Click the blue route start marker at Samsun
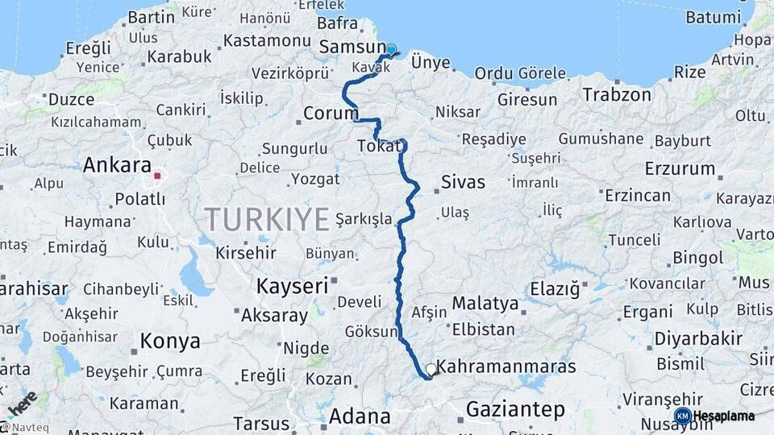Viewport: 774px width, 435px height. tap(391, 50)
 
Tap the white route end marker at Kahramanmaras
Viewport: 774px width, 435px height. tap(431, 370)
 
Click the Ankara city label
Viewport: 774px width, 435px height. tap(117, 166)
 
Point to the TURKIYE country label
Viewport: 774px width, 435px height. tap(266, 218)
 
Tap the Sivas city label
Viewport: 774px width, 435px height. tap(463, 182)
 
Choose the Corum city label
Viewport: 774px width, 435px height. tap(331, 113)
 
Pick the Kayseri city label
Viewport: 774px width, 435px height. tap(292, 286)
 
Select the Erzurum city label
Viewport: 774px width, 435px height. tap(680, 169)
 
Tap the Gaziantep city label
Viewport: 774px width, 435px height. tap(515, 409)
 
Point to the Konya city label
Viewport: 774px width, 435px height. tap(170, 341)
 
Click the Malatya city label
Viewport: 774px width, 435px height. tap(485, 304)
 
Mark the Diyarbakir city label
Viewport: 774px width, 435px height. tap(698, 338)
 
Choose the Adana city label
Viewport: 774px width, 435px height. tap(360, 417)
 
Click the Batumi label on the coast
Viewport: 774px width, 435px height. tap(713, 17)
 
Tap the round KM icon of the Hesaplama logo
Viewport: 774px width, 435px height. tap(682, 416)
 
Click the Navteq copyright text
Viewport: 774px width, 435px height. tap(24, 428)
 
